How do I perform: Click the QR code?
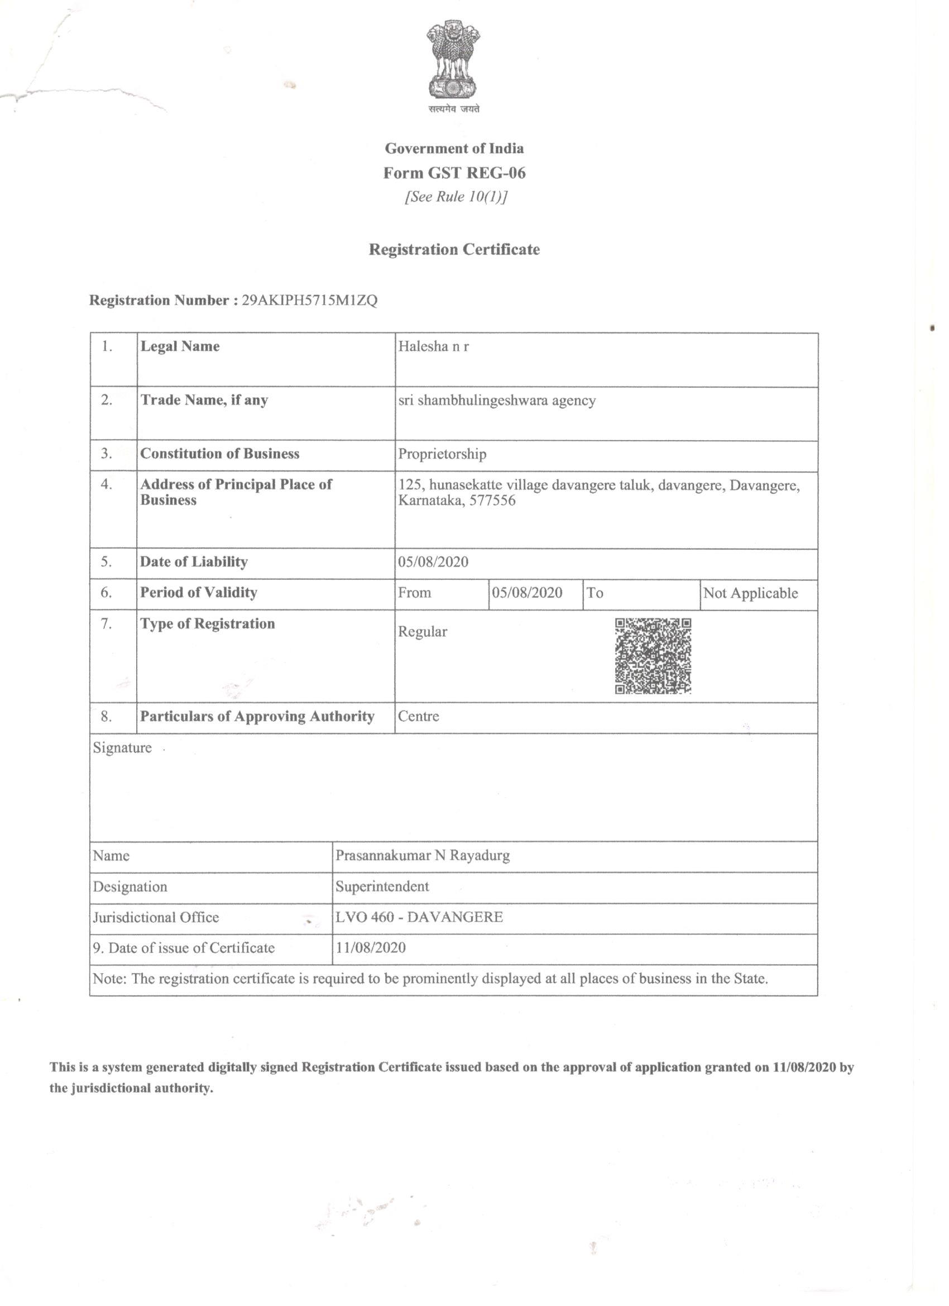tap(653, 656)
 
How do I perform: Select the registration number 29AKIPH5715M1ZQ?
tap(310, 301)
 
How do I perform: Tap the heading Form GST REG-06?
tap(454, 173)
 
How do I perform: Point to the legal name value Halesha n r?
tap(433, 347)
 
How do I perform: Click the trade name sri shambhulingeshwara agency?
tap(497, 400)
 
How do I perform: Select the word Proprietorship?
tap(442, 454)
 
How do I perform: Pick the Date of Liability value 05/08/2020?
tap(433, 562)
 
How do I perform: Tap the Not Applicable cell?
tap(750, 593)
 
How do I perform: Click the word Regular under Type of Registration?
tap(423, 632)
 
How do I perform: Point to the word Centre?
tap(418, 716)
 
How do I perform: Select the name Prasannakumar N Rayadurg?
tap(423, 856)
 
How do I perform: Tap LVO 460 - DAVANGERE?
tap(419, 917)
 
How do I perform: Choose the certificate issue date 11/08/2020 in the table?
tap(371, 948)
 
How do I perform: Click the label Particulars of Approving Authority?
tap(257, 716)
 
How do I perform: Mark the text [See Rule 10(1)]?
tap(456, 197)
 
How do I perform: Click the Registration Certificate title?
tap(454, 249)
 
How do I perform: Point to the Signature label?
tap(122, 748)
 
